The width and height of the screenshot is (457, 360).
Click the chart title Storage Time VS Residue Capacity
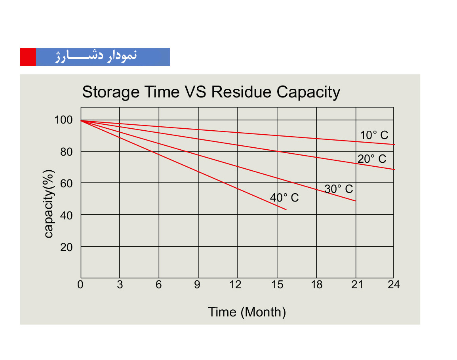click(x=211, y=92)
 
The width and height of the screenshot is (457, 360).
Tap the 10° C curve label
click(x=374, y=135)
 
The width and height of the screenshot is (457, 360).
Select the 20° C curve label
click(x=372, y=159)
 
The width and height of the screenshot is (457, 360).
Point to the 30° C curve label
click(x=339, y=189)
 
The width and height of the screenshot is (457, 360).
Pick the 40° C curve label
click(x=284, y=198)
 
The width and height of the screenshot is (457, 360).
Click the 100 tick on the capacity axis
click(x=63, y=120)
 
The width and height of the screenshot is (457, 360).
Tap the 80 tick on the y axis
click(x=67, y=152)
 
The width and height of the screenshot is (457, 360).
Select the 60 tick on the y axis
click(x=67, y=184)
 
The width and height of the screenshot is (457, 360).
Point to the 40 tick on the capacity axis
click(x=67, y=216)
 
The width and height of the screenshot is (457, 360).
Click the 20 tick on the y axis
click(x=67, y=248)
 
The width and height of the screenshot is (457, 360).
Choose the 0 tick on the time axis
click(x=80, y=284)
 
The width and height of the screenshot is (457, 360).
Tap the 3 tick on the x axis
click(x=120, y=284)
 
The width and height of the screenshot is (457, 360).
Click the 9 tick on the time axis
click(x=197, y=284)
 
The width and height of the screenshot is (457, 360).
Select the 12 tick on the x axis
click(x=236, y=284)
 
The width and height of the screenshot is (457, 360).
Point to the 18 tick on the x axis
click(x=317, y=284)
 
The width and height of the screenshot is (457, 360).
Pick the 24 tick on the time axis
click(x=394, y=284)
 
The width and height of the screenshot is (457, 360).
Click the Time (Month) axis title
click(x=247, y=312)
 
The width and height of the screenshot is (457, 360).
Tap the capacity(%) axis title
click(x=49, y=204)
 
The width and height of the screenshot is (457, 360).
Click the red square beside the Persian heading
click(x=28, y=57)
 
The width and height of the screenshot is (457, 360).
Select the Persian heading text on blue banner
click(x=96, y=56)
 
